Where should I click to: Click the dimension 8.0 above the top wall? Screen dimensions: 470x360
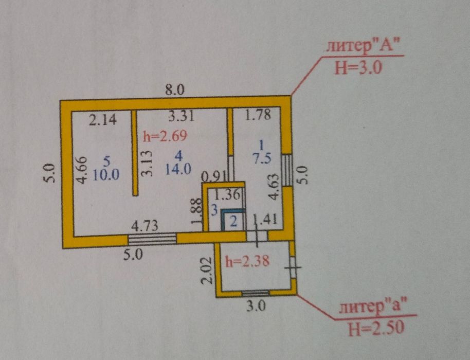(x=175, y=90)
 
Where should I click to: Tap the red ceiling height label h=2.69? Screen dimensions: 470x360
(x=165, y=136)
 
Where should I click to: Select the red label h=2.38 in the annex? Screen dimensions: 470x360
(x=247, y=261)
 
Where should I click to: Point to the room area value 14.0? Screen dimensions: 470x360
(x=178, y=169)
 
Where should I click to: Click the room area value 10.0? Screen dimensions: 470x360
(x=106, y=174)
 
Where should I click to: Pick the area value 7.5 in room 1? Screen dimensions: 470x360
(x=262, y=158)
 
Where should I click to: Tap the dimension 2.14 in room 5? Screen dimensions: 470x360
(x=103, y=120)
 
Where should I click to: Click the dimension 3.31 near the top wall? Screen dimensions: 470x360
(x=182, y=116)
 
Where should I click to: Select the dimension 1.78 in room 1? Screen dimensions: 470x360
(x=258, y=115)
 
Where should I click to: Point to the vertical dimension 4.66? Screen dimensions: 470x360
(x=81, y=170)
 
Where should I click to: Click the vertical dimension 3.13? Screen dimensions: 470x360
(x=147, y=164)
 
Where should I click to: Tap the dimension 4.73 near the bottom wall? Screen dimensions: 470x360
(x=145, y=226)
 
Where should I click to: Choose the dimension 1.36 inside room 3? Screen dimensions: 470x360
(x=227, y=195)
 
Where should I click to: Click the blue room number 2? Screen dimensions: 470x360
(x=233, y=222)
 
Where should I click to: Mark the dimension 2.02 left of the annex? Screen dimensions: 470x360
(x=207, y=271)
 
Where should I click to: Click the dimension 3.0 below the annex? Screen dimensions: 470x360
(x=256, y=307)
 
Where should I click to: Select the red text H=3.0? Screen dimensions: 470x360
(x=358, y=68)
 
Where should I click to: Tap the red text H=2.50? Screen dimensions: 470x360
(x=376, y=329)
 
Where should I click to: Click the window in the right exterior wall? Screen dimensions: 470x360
(x=287, y=170)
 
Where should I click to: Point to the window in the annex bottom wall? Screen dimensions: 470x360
(x=256, y=293)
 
